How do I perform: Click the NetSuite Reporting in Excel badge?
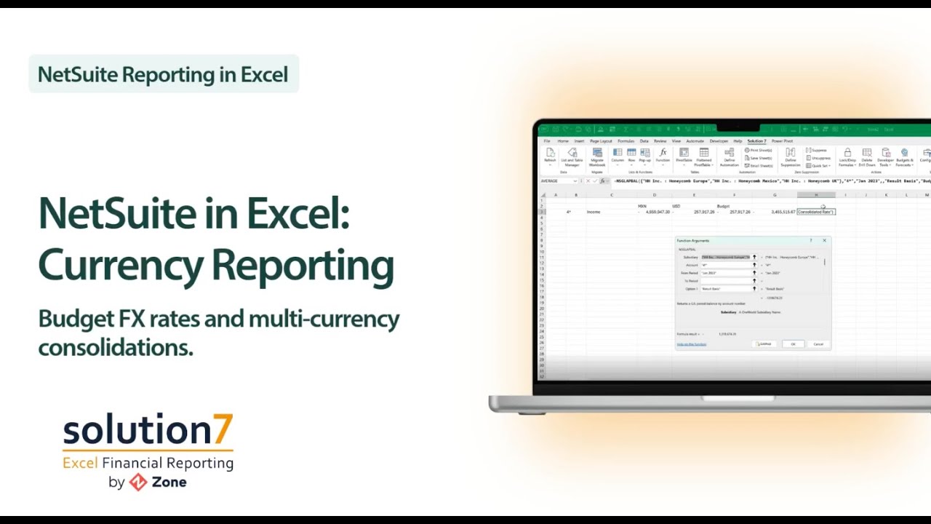[163, 74]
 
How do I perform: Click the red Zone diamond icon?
[138, 482]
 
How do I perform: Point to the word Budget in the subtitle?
[76, 319]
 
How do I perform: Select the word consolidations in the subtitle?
[115, 348]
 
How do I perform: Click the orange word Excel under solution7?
[80, 463]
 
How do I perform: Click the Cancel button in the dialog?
[818, 344]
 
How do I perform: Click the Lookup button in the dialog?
[764, 344]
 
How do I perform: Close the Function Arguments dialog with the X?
[824, 240]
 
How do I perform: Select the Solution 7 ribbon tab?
[756, 141]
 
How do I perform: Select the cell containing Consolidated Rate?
[815, 212]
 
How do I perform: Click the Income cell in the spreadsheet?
[594, 212]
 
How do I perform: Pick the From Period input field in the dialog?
[725, 273]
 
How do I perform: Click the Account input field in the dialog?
[725, 265]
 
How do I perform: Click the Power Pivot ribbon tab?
[782, 141]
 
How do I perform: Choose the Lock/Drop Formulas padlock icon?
[847, 153]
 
